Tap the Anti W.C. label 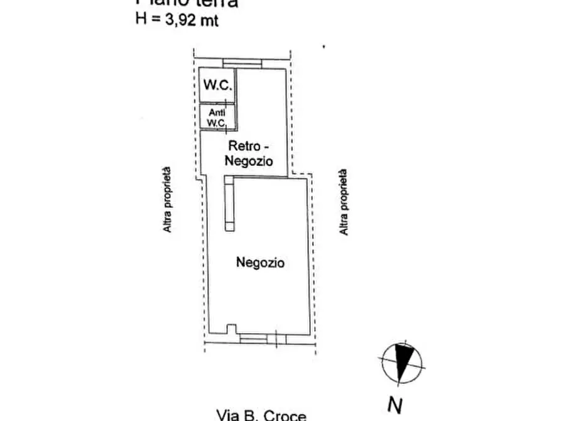click(216, 118)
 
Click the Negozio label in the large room click(260, 262)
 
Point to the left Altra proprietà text click(167, 200)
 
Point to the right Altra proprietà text click(344, 202)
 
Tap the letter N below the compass click(394, 405)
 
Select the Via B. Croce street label click(261, 415)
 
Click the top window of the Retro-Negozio click(242, 62)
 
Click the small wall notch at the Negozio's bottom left click(231, 329)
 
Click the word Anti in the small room click(216, 112)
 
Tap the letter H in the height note click(141, 19)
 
